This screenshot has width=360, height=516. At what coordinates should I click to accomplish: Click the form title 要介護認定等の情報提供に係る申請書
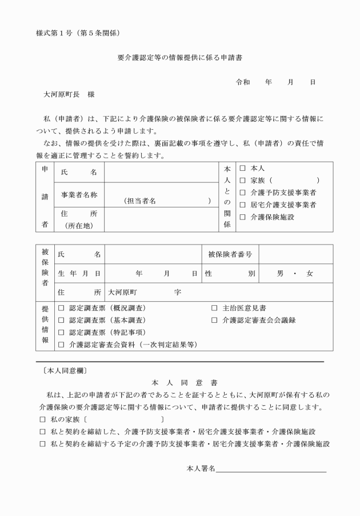pyautogui.click(x=180, y=58)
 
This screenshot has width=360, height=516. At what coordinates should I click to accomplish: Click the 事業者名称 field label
pyautogui.click(x=79, y=195)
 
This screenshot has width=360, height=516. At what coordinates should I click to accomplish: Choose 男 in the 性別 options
pyautogui.click(x=280, y=274)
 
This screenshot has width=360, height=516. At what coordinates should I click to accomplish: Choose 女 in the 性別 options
pyautogui.click(x=310, y=274)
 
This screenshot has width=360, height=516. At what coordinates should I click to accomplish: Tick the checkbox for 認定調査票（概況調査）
pyautogui.click(x=61, y=309)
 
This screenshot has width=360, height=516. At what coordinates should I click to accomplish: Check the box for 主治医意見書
pyautogui.click(x=214, y=309)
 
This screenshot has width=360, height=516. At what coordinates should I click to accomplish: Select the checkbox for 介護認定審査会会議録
pyautogui.click(x=214, y=321)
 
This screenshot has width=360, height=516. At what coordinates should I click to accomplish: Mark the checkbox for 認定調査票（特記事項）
pyautogui.click(x=61, y=333)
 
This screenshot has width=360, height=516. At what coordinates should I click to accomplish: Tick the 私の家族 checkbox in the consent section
pyautogui.click(x=42, y=420)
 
